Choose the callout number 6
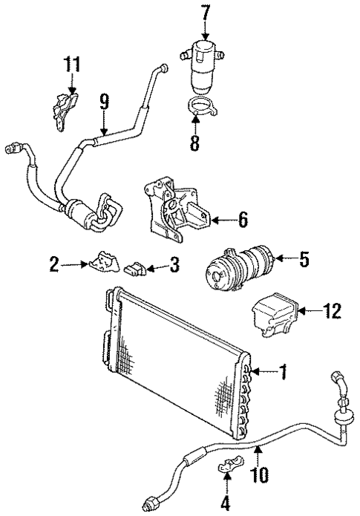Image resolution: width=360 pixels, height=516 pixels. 242,220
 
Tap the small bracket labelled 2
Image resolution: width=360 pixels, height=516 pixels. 103,263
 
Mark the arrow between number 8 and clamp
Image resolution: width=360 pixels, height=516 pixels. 195,121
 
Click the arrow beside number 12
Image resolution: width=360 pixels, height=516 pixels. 310,312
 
